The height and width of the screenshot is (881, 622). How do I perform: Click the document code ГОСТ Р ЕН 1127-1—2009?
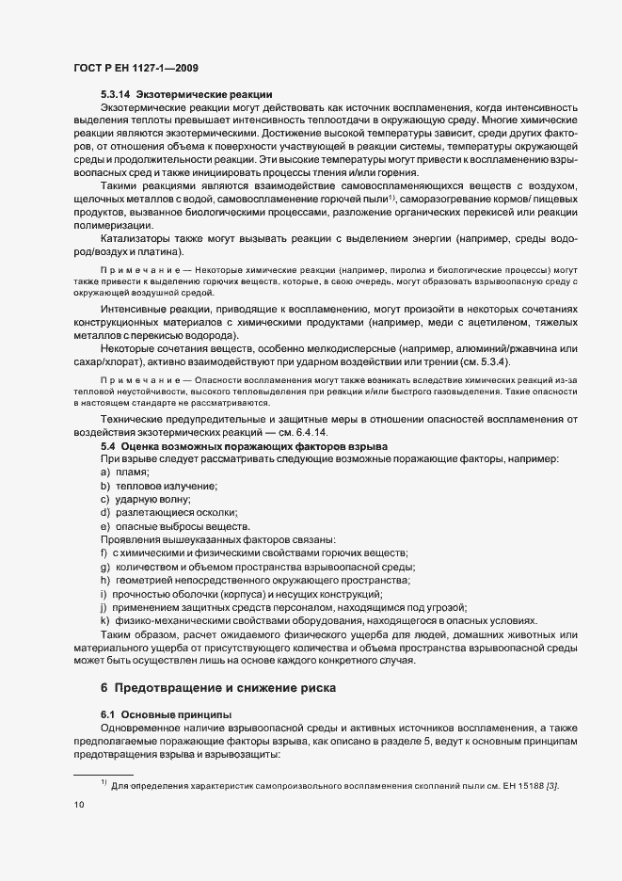(135, 69)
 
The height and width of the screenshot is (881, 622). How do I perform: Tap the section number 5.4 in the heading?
(108, 444)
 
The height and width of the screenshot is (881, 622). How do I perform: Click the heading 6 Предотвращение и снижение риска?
(217, 690)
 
